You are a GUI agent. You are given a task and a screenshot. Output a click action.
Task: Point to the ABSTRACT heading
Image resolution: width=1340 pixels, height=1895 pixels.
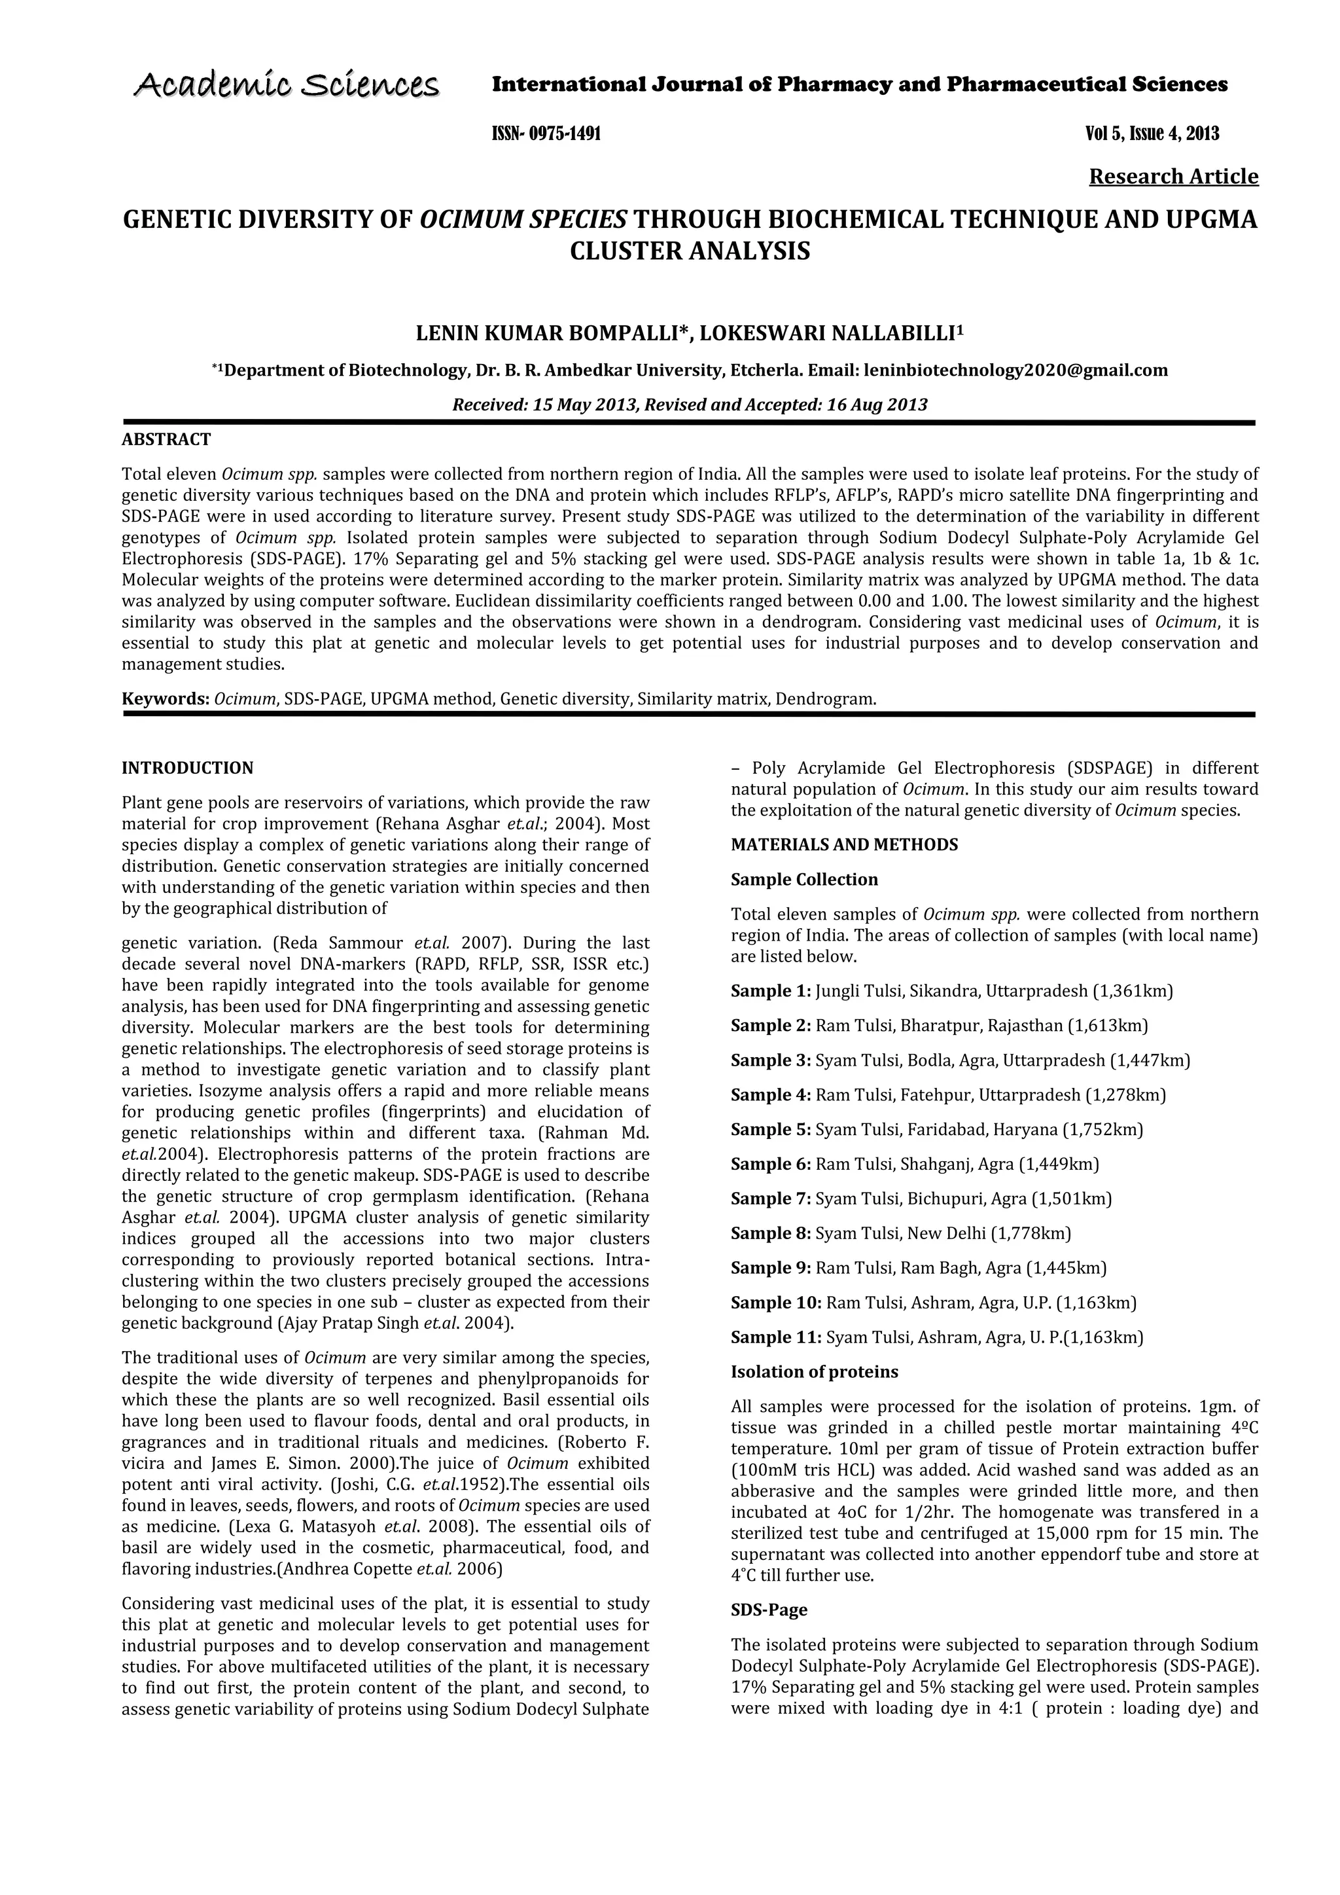(x=166, y=439)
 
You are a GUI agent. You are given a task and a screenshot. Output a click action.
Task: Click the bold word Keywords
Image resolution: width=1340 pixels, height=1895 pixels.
(x=165, y=699)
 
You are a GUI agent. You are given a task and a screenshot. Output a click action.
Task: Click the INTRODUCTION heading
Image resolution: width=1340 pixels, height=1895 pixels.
(x=187, y=768)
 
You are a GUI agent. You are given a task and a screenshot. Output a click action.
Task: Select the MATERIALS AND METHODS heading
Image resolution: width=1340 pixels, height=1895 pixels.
(x=844, y=844)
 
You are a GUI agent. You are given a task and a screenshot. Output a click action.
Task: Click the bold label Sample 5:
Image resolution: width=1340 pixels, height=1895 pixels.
(x=771, y=1129)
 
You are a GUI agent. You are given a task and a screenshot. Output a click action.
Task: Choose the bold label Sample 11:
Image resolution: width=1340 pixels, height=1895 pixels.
(x=775, y=1337)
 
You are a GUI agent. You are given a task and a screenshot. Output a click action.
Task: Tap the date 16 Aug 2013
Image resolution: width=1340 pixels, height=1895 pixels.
(x=877, y=405)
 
